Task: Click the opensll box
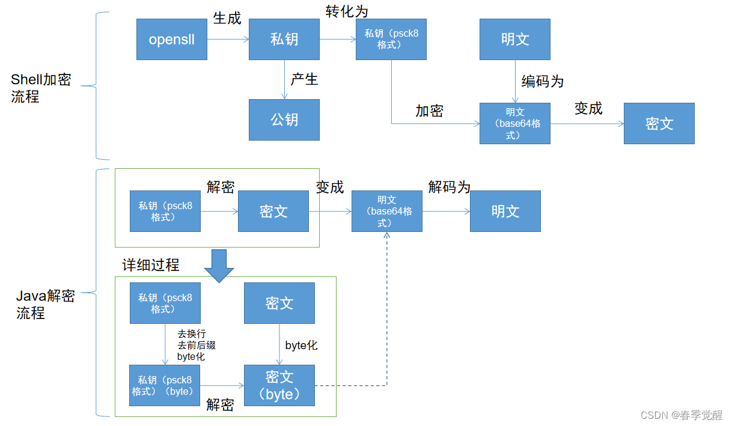171,39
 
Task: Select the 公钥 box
284,120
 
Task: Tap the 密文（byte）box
279,385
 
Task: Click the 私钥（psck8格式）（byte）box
165,385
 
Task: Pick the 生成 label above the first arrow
227,19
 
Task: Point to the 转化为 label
347,11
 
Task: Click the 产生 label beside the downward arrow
304,79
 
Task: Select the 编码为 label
542,81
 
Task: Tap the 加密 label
429,111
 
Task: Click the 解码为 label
449,187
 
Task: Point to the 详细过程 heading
151,265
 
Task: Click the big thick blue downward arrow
218,265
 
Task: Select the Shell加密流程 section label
41,88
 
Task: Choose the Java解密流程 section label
45,304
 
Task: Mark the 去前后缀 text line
196,345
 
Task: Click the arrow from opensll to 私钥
228,40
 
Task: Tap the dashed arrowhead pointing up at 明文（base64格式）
387,236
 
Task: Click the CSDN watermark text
682,415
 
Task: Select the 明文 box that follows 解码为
505,211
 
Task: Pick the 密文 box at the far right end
659,123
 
